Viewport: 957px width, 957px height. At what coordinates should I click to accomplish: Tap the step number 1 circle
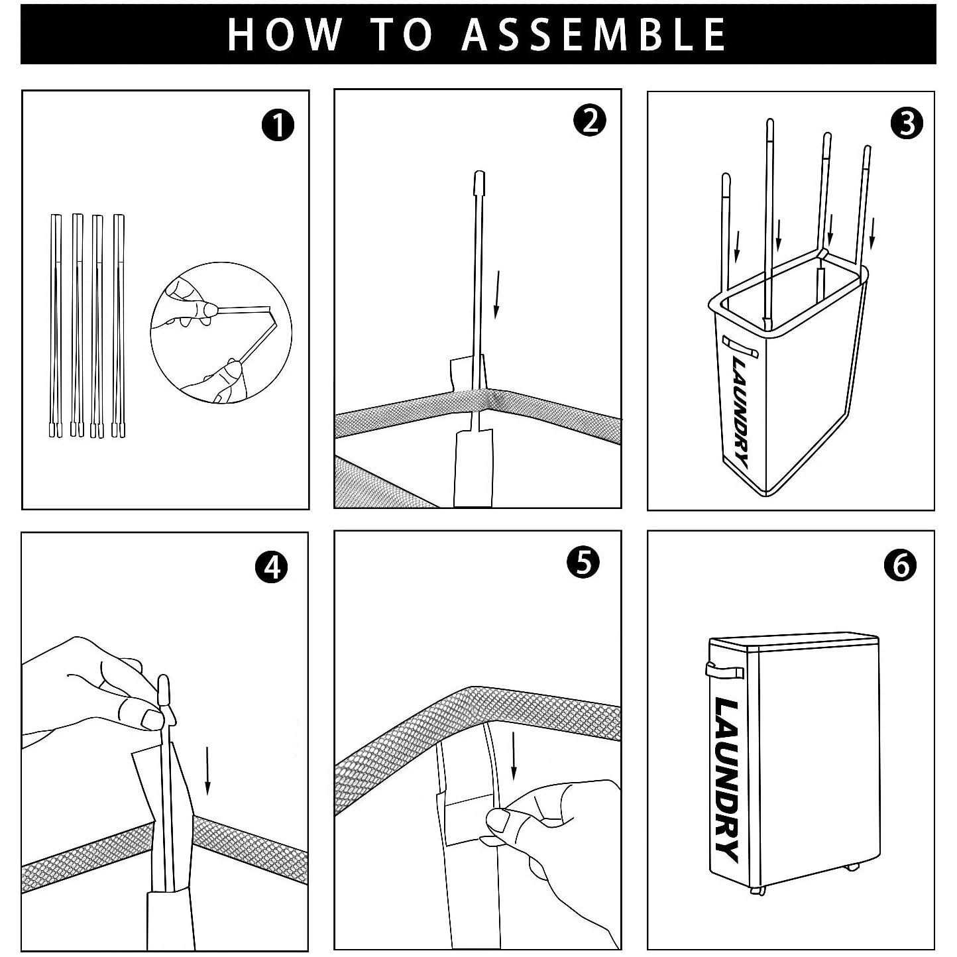(x=278, y=125)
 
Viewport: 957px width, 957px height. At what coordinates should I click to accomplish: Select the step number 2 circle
(x=589, y=120)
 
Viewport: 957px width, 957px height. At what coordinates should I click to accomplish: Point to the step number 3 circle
(x=907, y=123)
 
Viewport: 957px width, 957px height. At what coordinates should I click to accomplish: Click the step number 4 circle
(x=271, y=567)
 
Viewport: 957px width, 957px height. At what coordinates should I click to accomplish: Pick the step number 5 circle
(x=583, y=562)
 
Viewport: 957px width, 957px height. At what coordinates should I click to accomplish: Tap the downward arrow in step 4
(x=208, y=770)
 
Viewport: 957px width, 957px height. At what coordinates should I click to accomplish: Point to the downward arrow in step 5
(x=514, y=755)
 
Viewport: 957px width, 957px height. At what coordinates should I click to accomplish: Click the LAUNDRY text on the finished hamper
(x=726, y=780)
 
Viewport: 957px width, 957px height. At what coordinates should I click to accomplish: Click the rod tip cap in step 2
(x=479, y=182)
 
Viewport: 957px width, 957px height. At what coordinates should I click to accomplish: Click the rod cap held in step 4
(x=165, y=690)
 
